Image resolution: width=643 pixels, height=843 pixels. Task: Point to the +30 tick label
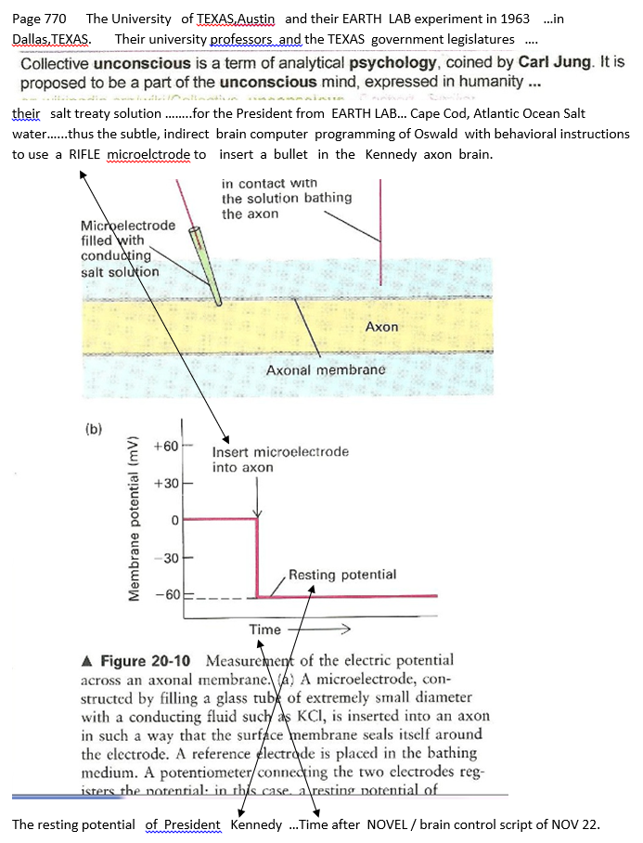pos(165,485)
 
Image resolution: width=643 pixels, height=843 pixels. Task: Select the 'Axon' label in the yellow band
pos(381,327)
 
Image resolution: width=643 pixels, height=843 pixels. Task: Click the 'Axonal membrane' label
pos(325,370)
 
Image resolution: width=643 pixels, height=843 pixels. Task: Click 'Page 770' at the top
pos(39,19)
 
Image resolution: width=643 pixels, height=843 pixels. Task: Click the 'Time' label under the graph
pos(265,630)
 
